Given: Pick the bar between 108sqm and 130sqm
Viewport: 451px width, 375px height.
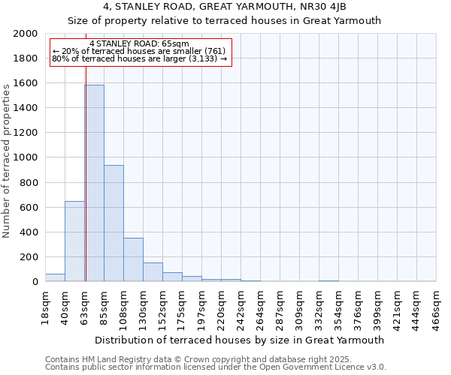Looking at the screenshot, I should tap(133, 259).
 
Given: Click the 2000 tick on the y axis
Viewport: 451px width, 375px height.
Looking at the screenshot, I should tap(27, 34).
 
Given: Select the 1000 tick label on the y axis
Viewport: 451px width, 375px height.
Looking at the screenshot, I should tap(27, 157).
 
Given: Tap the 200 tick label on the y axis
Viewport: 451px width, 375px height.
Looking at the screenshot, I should tap(30, 257).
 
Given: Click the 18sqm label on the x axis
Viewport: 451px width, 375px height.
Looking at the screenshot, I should tap(46, 305).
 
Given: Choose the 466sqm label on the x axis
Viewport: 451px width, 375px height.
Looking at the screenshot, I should tap(436, 305).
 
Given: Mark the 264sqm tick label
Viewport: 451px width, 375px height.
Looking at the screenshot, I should tap(260, 305).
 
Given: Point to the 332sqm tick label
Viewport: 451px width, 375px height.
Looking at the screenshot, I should tap(319, 305).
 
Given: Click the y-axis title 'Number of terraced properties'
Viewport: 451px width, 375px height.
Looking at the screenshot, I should tap(7, 160).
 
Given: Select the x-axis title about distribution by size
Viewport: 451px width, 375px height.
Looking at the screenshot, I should tap(240, 340).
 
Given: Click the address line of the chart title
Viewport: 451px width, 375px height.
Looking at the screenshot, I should tap(225, 7).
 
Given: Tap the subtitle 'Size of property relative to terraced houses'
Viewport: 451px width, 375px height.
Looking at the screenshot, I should tap(225, 21).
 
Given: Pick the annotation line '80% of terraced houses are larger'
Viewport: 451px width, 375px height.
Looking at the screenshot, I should tap(139, 58).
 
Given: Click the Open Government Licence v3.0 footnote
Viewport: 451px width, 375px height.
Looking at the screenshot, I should tap(215, 367).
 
